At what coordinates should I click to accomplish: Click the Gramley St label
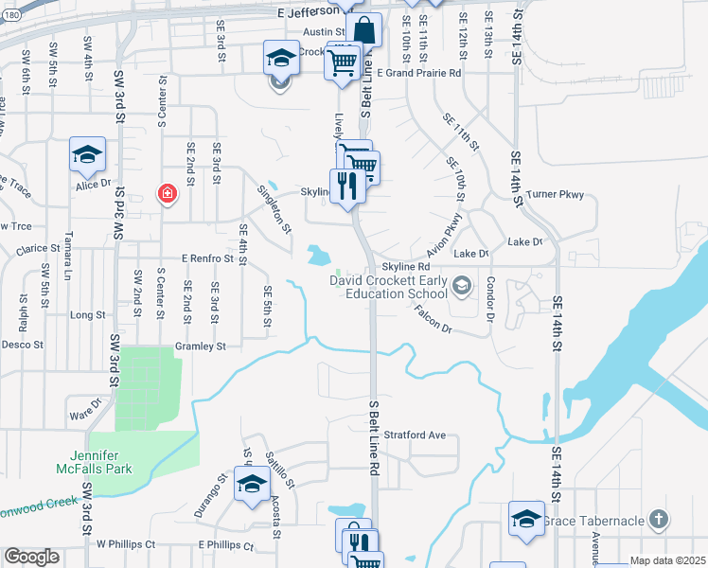tap(200, 346)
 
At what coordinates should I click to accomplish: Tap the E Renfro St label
tap(207, 257)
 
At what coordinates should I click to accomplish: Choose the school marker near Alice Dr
tap(87, 155)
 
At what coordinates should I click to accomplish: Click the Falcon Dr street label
tap(432, 323)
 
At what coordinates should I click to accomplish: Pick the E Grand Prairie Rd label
tap(418, 72)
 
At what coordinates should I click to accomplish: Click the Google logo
tap(31, 557)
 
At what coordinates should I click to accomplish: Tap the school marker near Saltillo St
tap(252, 486)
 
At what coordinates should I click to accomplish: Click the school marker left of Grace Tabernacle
tap(526, 519)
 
